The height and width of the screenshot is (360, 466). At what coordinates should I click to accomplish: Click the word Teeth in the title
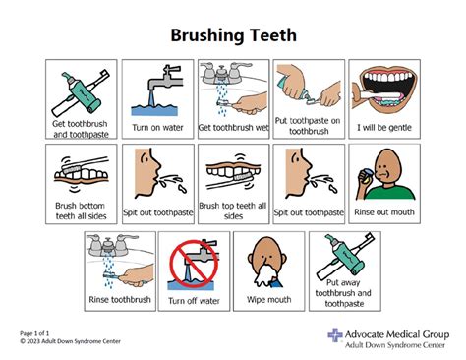[273, 35]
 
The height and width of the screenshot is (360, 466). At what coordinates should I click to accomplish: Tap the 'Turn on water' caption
[157, 127]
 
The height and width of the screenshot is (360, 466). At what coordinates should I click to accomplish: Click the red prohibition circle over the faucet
[194, 264]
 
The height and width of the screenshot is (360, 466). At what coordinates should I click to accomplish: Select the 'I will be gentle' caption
[384, 127]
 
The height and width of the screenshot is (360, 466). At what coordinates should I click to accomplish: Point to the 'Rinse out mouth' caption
[384, 212]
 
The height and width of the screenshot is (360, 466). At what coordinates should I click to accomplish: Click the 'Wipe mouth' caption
[268, 299]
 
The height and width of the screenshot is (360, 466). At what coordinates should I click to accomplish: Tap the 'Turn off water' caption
[194, 301]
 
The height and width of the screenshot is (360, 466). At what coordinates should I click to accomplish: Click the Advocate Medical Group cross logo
[335, 335]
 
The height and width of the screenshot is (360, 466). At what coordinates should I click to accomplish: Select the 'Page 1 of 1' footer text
[34, 333]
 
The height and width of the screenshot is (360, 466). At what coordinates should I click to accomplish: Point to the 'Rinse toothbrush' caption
[120, 299]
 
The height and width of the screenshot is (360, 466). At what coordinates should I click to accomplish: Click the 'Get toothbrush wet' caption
[233, 127]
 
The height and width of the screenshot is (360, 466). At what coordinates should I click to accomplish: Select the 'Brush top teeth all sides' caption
[233, 210]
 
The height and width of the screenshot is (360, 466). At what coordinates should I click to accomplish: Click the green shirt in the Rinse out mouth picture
[390, 192]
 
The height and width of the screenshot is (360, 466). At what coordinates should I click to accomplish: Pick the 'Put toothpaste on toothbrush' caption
[309, 126]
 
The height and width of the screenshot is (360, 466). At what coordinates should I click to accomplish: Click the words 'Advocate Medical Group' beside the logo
[397, 334]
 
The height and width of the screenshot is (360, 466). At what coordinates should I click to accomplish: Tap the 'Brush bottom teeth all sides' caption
[81, 210]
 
